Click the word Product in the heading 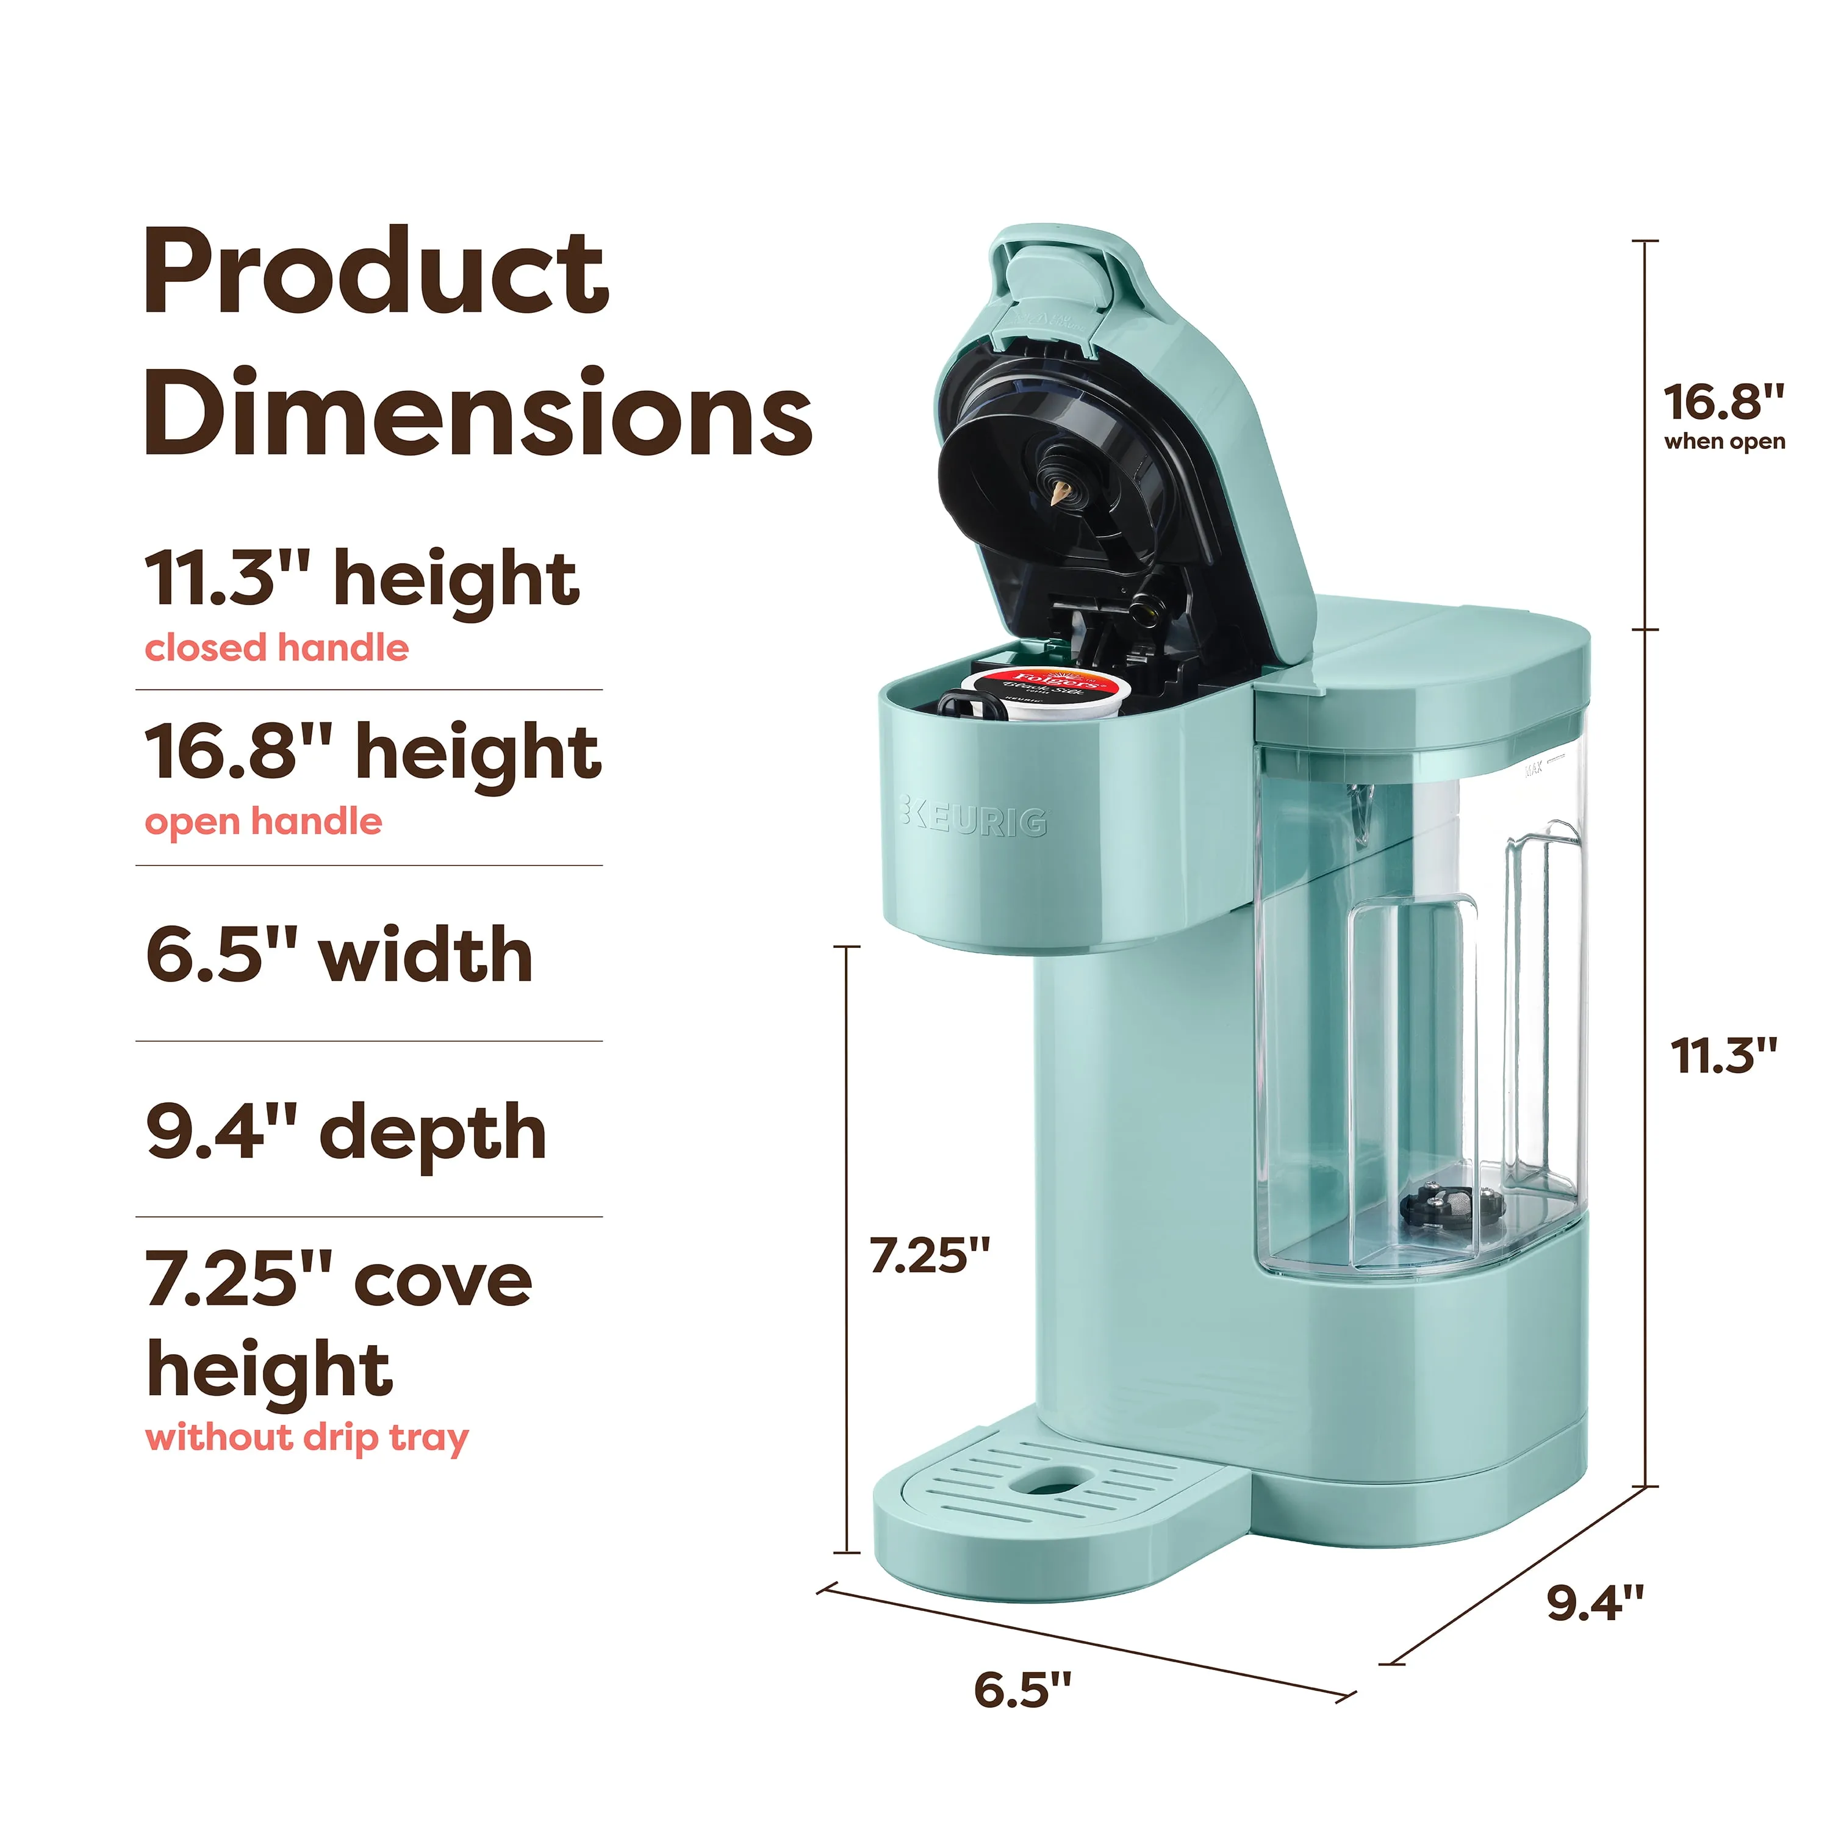pyautogui.click(x=375, y=274)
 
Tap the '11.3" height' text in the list pyautogui.click(x=362, y=579)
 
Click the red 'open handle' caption pyautogui.click(x=264, y=821)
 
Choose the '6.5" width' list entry pyautogui.click(x=339, y=955)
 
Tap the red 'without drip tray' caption pyautogui.click(x=307, y=1438)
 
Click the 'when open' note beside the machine pyautogui.click(x=1724, y=442)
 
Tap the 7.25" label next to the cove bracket pyautogui.click(x=929, y=1256)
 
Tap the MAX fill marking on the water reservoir pyautogui.click(x=1532, y=767)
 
